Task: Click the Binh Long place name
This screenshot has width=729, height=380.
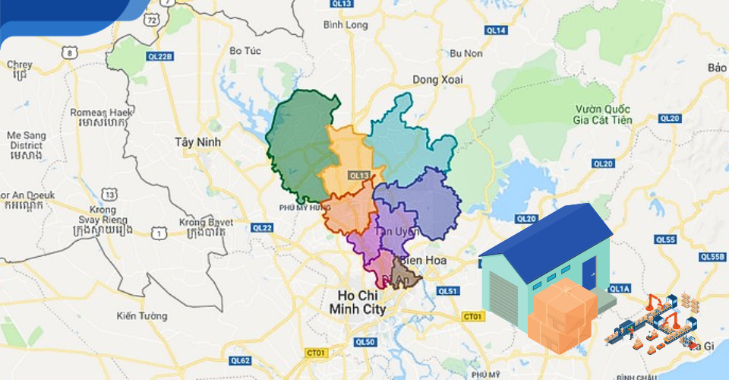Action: tap(345, 25)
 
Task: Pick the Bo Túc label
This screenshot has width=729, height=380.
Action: tap(245, 51)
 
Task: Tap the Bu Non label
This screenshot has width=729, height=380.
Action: tap(466, 53)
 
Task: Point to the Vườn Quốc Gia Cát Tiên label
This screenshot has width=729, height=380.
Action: tap(604, 113)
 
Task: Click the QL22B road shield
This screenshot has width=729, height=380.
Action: tap(161, 55)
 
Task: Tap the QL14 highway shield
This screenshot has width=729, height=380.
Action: tap(496, 30)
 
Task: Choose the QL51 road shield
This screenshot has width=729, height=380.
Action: tap(449, 291)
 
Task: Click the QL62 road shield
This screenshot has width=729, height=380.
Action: tap(241, 360)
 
